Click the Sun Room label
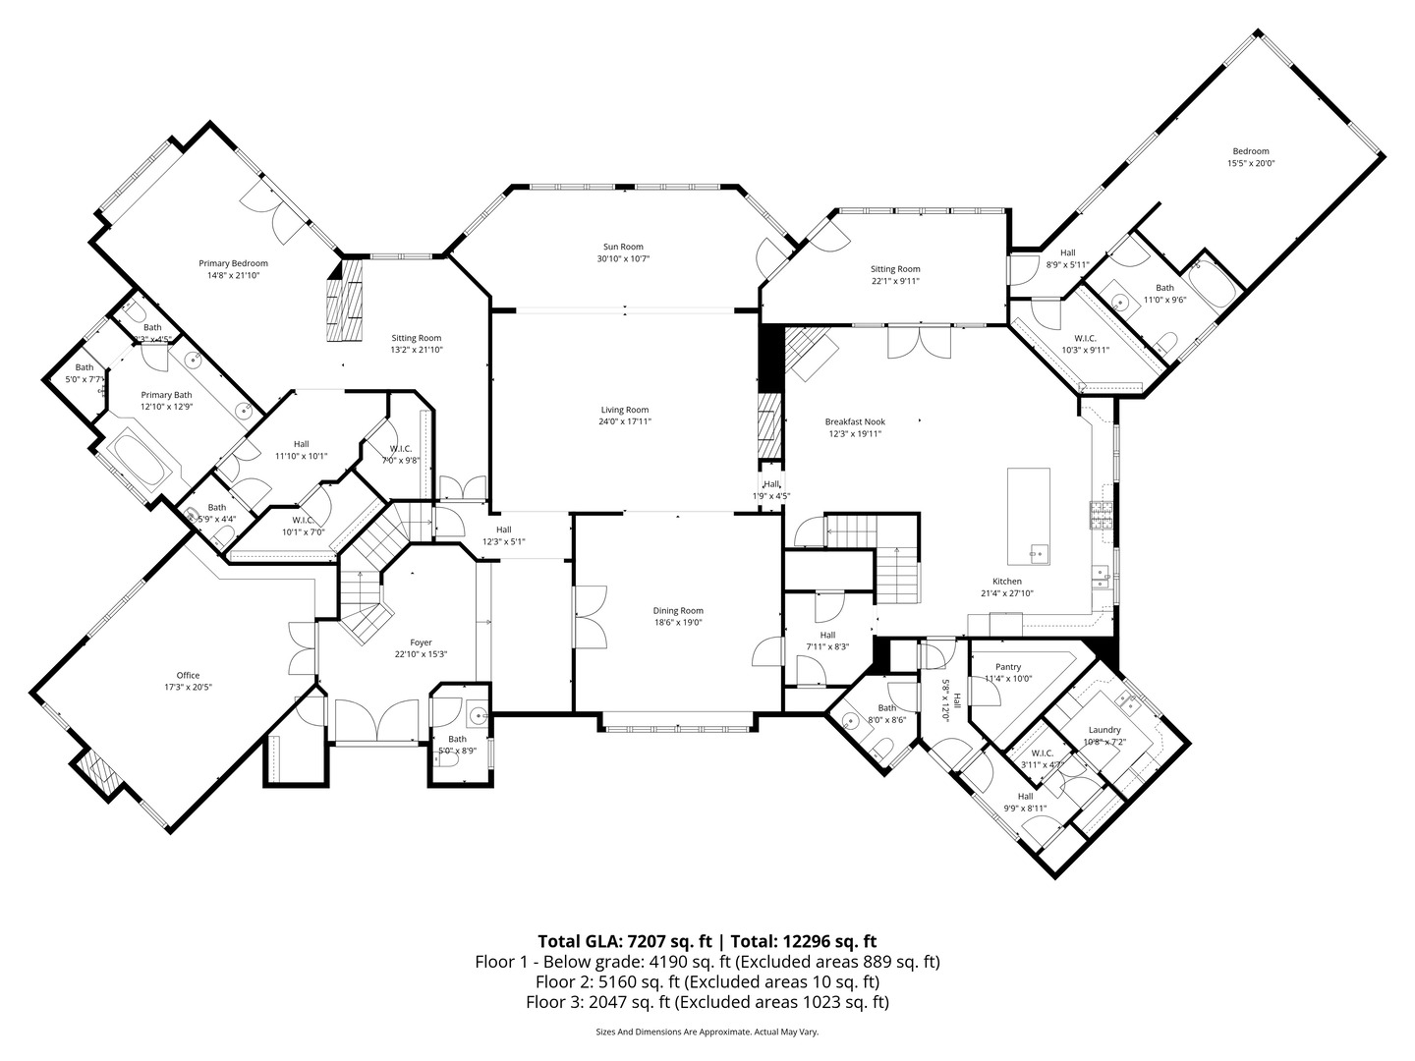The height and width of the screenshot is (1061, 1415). pyautogui.click(x=623, y=247)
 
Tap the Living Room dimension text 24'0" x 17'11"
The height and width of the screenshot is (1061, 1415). pyautogui.click(x=625, y=421)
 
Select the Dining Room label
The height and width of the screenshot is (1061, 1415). pyautogui.click(x=678, y=610)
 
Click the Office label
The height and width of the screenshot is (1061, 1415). pyautogui.click(x=188, y=675)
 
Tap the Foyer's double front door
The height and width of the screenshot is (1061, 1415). pyautogui.click(x=380, y=721)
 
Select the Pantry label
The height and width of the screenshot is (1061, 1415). pyautogui.click(x=1008, y=667)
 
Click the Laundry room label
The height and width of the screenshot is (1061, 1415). pyautogui.click(x=1104, y=730)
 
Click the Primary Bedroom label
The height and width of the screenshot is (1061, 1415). pyautogui.click(x=233, y=263)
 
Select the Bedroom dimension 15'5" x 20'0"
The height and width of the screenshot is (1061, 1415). pyautogui.click(x=1250, y=164)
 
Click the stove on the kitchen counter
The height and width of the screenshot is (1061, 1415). pyautogui.click(x=1098, y=512)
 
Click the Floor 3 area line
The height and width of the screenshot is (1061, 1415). pyautogui.click(x=707, y=1002)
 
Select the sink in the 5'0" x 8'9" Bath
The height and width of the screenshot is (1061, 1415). pyautogui.click(x=478, y=715)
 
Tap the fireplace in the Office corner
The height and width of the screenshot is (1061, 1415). pyautogui.click(x=99, y=772)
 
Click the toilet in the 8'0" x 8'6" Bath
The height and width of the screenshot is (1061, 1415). pyautogui.click(x=882, y=752)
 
